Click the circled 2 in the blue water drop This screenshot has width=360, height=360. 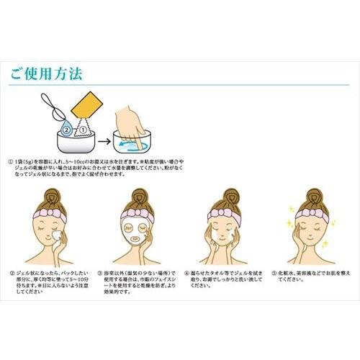coord(66,131)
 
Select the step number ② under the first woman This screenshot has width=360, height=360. coord(12,274)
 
